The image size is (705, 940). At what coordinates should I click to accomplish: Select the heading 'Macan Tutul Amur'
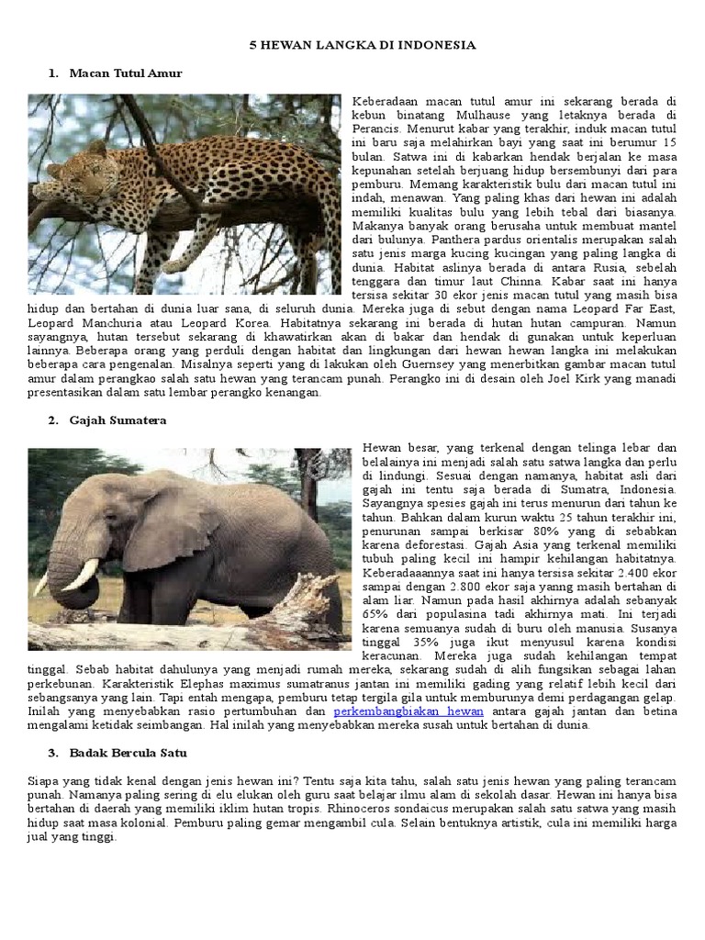(126, 73)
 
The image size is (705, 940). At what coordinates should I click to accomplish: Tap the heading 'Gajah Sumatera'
(118, 420)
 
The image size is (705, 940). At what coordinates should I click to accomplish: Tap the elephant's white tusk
(80, 575)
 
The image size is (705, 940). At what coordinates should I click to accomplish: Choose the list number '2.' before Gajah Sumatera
(53, 420)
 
